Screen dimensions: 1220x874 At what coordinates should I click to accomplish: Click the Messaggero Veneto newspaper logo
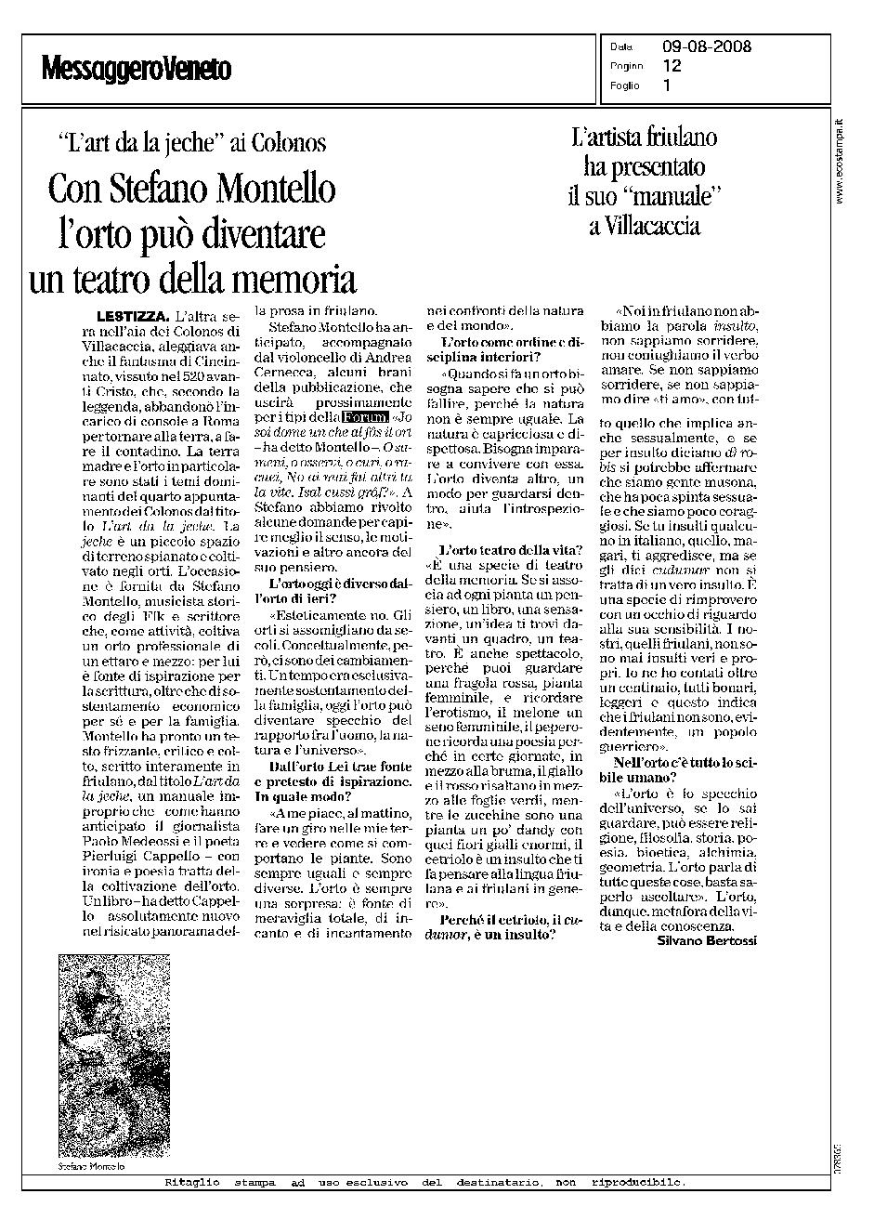pos(136,69)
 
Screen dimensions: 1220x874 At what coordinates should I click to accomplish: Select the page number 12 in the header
pos(672,66)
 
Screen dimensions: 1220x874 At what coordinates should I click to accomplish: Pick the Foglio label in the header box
pos(625,85)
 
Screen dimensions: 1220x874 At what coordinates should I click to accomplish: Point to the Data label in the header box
pos(621,47)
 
